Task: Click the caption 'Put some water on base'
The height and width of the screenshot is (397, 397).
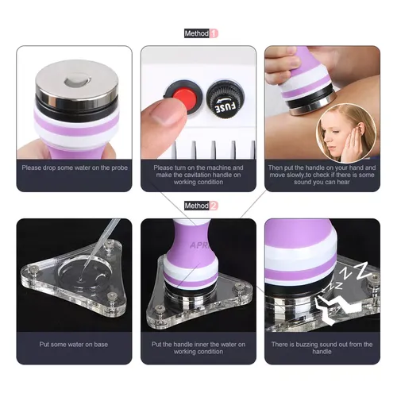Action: coord(74,344)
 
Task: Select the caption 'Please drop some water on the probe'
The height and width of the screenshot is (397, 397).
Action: coord(74,168)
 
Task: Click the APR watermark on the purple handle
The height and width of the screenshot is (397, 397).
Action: coord(199,245)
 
